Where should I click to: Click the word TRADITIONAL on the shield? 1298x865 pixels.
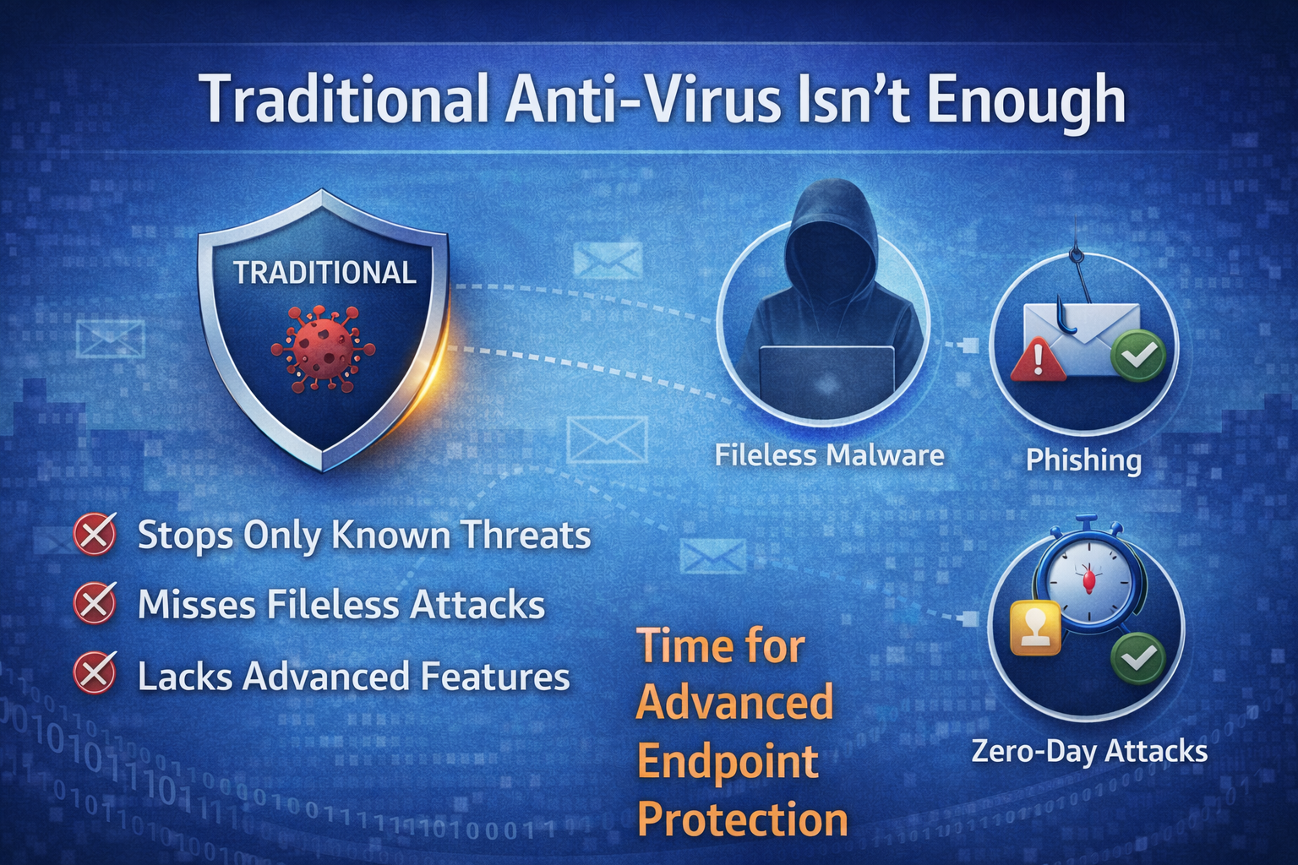point(324,273)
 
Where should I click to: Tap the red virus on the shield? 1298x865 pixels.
point(323,350)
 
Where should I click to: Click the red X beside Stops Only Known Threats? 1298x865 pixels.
point(95,534)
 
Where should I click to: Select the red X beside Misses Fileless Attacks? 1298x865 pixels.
point(95,603)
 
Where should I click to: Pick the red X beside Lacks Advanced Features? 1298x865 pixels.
point(95,672)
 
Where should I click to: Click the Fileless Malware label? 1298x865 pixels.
point(829,455)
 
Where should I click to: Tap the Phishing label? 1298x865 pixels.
point(1083,461)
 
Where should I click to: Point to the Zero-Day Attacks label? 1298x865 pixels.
point(1089,752)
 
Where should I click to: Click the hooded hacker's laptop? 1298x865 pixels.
point(827,377)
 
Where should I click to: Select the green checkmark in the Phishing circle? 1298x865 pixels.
point(1138,356)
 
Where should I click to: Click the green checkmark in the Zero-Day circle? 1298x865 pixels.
point(1138,659)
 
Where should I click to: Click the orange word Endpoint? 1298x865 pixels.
point(728,763)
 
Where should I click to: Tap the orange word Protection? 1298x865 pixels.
point(742,820)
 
